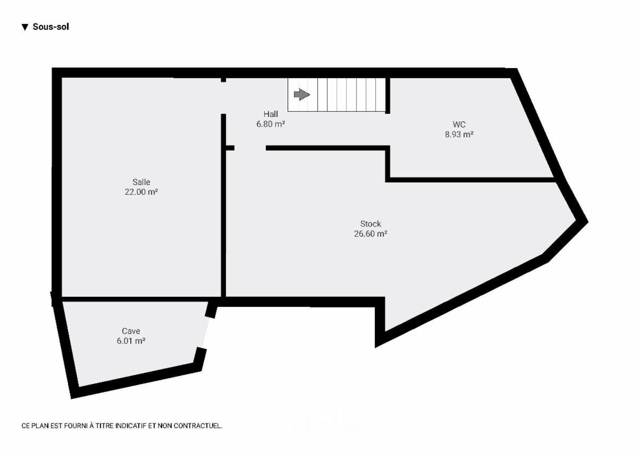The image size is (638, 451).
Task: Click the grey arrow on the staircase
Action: [x=301, y=94]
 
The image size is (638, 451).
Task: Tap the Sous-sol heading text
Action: [x=51, y=27]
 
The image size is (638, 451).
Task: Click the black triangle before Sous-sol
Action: [x=25, y=27]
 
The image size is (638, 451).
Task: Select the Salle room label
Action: [x=141, y=182]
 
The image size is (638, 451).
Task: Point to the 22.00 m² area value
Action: [x=141, y=192]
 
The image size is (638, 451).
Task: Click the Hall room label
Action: [x=271, y=114]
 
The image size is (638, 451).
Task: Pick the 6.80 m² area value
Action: [x=271, y=124]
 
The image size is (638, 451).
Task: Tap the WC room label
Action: [x=459, y=124]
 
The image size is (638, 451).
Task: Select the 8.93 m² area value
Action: [x=459, y=134]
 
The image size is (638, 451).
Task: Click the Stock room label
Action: [x=371, y=224]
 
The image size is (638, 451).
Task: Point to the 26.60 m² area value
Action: [x=371, y=233]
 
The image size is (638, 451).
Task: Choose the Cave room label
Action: [x=131, y=331]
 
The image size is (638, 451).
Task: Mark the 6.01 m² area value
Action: [x=131, y=341]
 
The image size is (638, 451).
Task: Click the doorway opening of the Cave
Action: [x=206, y=332]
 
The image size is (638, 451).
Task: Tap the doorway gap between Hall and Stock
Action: [x=250, y=148]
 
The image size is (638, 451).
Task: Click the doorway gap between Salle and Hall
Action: [x=224, y=98]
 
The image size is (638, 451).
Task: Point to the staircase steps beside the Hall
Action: [x=337, y=95]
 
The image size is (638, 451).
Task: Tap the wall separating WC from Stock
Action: [x=471, y=180]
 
